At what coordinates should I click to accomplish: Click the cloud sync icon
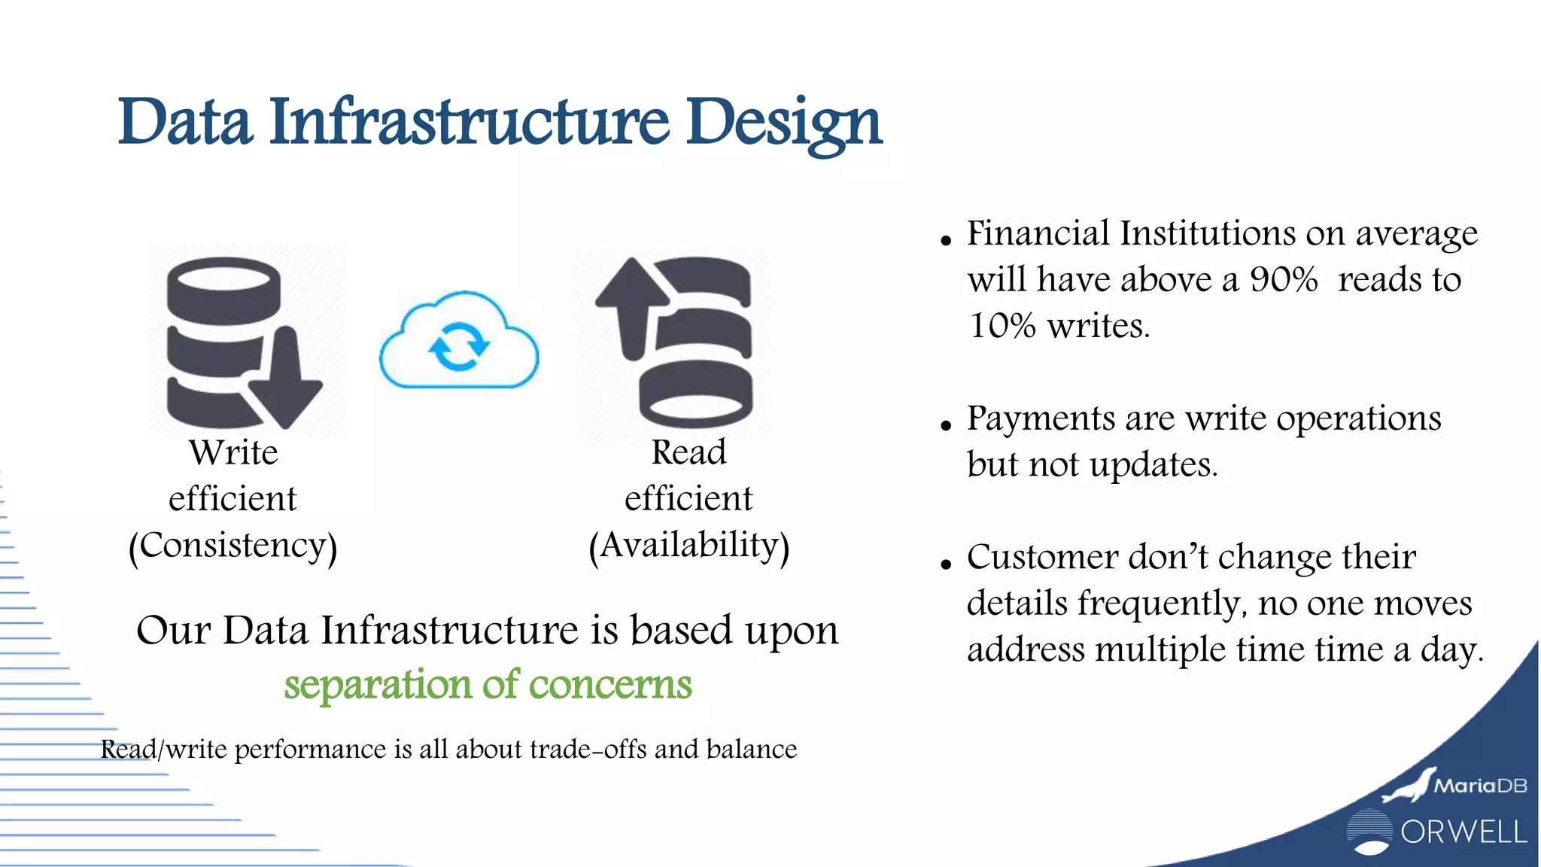pos(459,343)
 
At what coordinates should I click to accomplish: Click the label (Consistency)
pos(233,546)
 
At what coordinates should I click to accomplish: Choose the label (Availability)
pos(688,546)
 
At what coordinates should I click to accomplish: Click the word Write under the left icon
pos(233,452)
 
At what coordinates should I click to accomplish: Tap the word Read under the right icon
pos(688,452)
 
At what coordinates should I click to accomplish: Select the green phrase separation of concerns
pos(488,684)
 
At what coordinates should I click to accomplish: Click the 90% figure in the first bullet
pos(1284,280)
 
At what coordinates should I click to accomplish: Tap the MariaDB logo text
pos(1480,786)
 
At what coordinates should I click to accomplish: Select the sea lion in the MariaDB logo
pos(1407,787)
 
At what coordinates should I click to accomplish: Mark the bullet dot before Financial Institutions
pos(946,241)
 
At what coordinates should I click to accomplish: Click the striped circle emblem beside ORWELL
pos(1369,832)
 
